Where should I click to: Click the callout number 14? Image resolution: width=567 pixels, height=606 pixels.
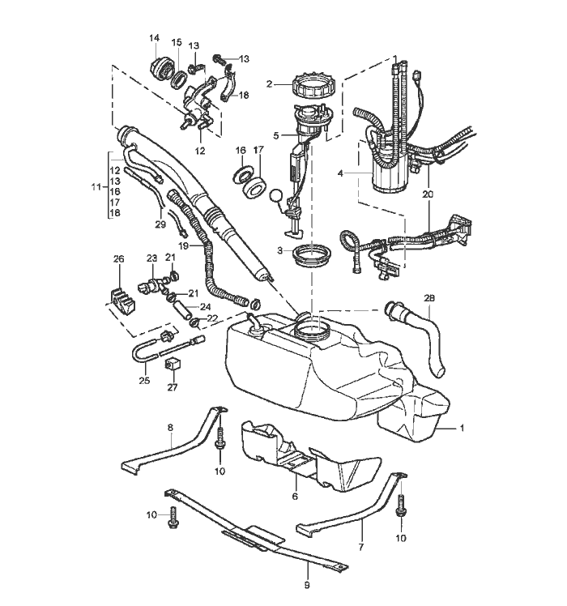tap(154, 38)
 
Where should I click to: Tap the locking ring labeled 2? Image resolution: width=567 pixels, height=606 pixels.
tap(313, 88)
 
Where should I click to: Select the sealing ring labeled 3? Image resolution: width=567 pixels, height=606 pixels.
tap(312, 256)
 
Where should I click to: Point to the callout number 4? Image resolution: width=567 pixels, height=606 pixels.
tap(340, 173)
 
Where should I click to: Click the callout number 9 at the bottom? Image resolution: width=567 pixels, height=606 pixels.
tap(307, 585)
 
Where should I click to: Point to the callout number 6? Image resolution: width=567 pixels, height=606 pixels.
tap(295, 497)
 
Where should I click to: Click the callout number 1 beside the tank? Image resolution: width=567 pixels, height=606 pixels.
tap(462, 429)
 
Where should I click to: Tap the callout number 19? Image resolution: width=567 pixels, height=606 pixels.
tap(184, 245)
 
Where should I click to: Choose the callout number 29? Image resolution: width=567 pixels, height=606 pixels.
tap(160, 224)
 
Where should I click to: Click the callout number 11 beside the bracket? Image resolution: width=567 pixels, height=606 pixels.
tap(96, 187)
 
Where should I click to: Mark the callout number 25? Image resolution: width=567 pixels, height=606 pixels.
tap(144, 381)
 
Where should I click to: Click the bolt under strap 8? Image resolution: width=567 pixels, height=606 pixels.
tap(220, 439)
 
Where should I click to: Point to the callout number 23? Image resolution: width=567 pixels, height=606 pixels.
tap(152, 258)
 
